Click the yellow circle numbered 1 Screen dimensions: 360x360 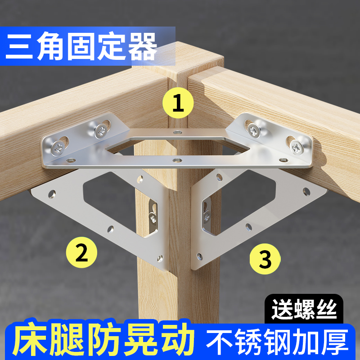(178, 103)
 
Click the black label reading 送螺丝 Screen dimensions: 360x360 (304, 310)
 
